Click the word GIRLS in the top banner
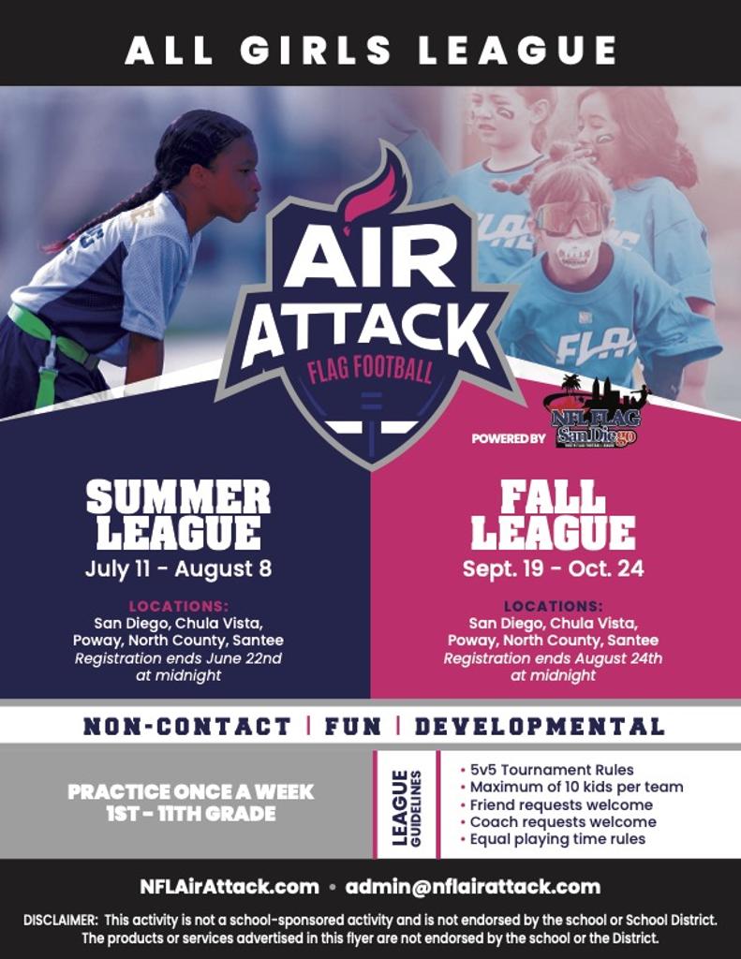(315, 51)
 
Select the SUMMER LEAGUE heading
(178, 514)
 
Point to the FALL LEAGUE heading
(553, 514)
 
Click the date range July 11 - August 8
(178, 568)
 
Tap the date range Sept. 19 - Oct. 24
(553, 568)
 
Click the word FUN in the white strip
(353, 726)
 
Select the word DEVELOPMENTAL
(540, 726)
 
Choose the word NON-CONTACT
(187, 726)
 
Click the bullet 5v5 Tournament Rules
(547, 770)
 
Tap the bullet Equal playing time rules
(553, 838)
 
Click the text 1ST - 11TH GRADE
(191, 814)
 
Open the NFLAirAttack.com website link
(230, 887)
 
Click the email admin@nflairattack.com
(473, 887)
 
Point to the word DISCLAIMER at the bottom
(60, 920)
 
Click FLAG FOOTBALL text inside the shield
(370, 369)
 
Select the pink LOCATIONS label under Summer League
(179, 606)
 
